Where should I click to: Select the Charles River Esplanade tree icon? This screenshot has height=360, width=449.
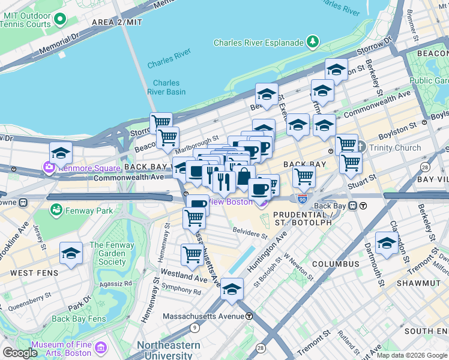pyautogui.click(x=312, y=42)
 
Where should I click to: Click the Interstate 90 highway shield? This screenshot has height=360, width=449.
pyautogui.click(x=303, y=198)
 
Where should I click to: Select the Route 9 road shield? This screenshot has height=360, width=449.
pyautogui.click(x=194, y=328)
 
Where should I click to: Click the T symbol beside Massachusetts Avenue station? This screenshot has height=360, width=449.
pyautogui.click(x=249, y=316)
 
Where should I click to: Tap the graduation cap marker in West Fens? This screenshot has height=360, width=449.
pyautogui.click(x=71, y=254)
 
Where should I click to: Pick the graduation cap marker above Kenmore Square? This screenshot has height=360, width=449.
pyautogui.click(x=61, y=153)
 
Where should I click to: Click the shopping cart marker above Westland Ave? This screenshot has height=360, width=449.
pyautogui.click(x=191, y=254)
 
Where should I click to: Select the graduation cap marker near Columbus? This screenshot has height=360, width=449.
pyautogui.click(x=387, y=243)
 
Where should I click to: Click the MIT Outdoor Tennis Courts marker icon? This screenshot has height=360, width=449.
pyautogui.click(x=59, y=19)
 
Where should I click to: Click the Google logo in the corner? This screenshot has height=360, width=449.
pyautogui.click(x=20, y=353)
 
